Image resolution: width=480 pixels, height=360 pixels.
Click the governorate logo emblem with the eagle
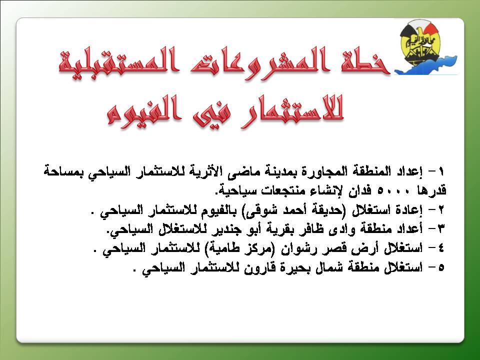tap(425, 47)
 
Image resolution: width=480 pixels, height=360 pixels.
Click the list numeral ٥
tap(441, 267)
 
